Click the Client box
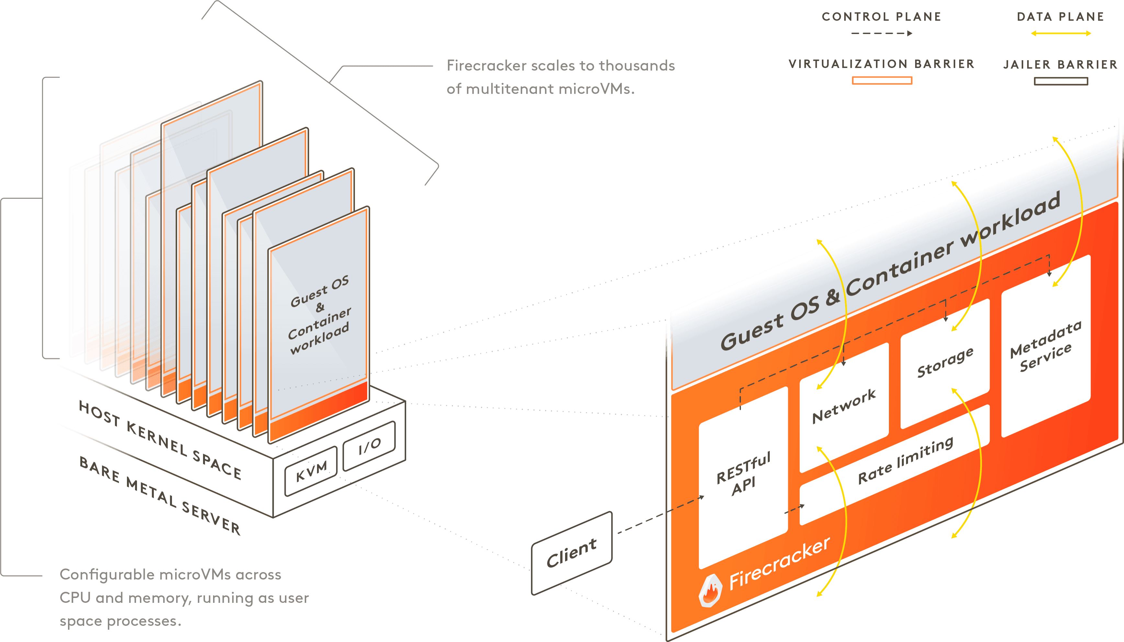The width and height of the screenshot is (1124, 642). click(x=572, y=553)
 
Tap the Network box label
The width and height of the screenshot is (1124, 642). click(x=844, y=406)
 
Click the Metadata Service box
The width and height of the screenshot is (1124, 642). click(x=1046, y=346)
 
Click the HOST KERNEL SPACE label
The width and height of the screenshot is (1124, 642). click(x=160, y=440)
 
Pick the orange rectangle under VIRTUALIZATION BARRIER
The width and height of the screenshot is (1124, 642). click(x=881, y=81)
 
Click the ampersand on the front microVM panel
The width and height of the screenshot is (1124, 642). click(x=320, y=307)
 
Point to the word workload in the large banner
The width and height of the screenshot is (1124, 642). click(x=1010, y=220)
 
